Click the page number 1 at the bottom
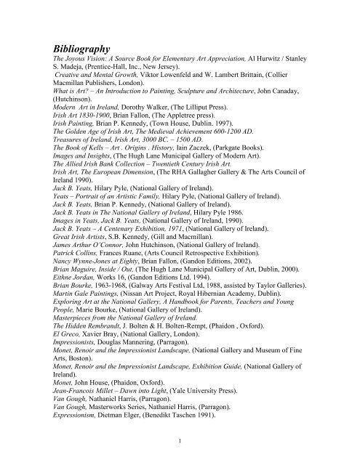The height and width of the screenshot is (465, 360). click(x=179, y=438)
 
